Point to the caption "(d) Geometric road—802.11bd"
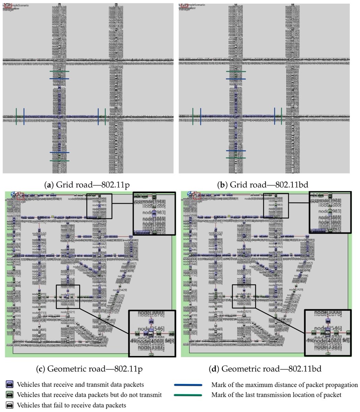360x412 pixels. [x=265, y=369]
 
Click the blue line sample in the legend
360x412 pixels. [x=188, y=385]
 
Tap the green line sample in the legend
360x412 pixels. [x=188, y=395]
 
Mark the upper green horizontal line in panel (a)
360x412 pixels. [x=59, y=71]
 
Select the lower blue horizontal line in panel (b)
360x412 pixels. [x=236, y=151]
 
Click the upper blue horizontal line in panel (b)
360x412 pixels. [x=236, y=79]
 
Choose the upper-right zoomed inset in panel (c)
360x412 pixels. [x=154, y=213]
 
